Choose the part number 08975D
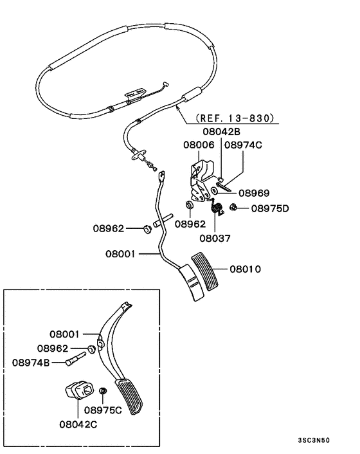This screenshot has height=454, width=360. coord(270,208)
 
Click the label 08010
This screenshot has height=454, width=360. coord(245,269)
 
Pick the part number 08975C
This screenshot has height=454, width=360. coord(103,410)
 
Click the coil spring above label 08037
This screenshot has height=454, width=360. coord(217,208)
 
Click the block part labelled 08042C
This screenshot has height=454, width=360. coord(76,390)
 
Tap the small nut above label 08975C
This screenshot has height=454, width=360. coord(103,391)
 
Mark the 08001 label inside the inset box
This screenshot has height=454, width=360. coord(66,334)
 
